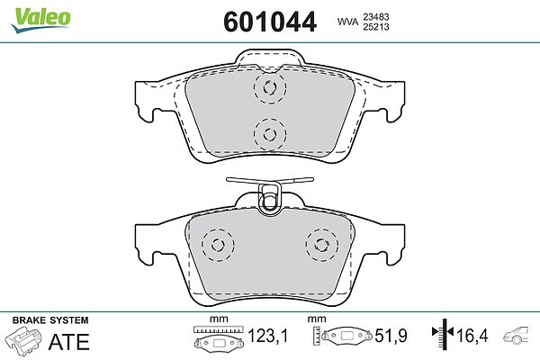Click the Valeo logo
pyautogui.click(x=40, y=20)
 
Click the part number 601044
pyautogui.click(x=270, y=22)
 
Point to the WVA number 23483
pyautogui.click(x=375, y=16)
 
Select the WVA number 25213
pyautogui.click(x=375, y=26)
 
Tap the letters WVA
pyautogui.click(x=347, y=22)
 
